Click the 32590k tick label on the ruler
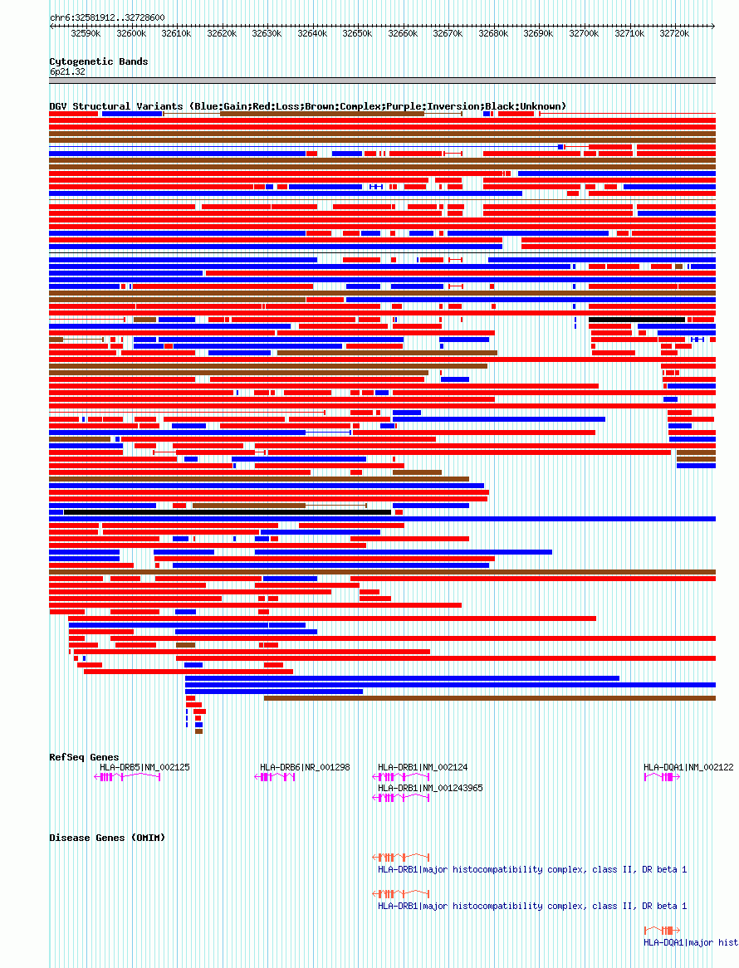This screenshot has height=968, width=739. tap(86, 34)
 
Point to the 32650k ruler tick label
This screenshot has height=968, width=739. tap(357, 34)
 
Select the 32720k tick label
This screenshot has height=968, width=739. tap(674, 34)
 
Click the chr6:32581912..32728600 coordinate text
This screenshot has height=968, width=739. tap(107, 17)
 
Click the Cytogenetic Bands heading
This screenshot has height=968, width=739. tap(99, 61)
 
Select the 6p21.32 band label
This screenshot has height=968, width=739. tap(67, 72)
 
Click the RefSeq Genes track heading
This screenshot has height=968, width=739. tap(84, 757)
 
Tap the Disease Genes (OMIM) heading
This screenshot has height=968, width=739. tap(107, 838)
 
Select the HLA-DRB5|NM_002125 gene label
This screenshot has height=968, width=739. tap(144, 767)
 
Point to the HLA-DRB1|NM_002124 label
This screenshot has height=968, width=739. tap(423, 767)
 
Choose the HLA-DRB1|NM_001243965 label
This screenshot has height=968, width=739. tap(430, 788)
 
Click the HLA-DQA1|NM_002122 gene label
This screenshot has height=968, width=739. tap(688, 767)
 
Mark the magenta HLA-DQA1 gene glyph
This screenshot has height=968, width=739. tap(662, 777)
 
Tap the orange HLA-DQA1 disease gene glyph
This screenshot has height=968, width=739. tap(662, 930)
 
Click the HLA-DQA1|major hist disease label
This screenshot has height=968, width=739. tap(691, 942)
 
